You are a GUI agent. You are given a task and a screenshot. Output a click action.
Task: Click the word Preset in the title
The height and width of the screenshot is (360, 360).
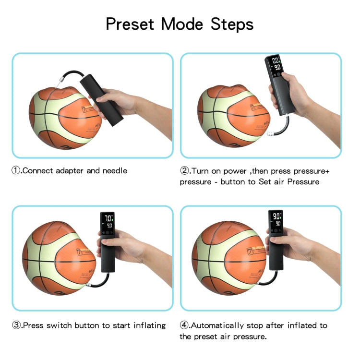(130, 24)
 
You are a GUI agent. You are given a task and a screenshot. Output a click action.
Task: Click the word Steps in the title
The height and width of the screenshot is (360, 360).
(233, 24)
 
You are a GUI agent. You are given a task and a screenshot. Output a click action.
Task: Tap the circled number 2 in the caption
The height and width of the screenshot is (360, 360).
(184, 171)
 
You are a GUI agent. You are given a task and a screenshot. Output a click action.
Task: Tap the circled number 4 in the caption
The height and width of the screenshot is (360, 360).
(184, 325)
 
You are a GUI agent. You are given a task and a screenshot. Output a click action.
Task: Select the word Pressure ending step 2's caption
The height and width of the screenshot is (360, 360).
(303, 182)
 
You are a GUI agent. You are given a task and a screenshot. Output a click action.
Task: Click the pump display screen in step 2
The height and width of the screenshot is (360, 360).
(276, 64)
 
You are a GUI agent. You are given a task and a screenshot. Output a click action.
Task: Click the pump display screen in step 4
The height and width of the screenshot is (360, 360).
(276, 220)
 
